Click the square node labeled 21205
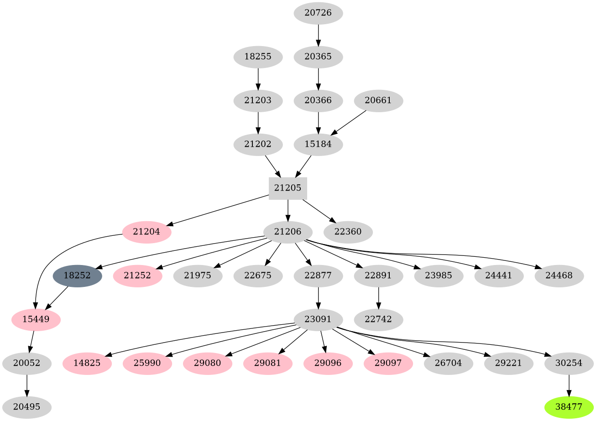[288, 188]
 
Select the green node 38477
[569, 407]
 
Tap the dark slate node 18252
[77, 275]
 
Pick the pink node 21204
[146, 232]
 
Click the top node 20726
[318, 13]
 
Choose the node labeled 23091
[318, 319]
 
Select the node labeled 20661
[378, 100]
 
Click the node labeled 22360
[348, 232]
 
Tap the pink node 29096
[328, 364]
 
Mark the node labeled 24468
[559, 275]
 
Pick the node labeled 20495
[26, 407]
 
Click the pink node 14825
[87, 364]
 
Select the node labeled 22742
[378, 319]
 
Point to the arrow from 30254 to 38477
[569, 385]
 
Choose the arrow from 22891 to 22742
[378, 297]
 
